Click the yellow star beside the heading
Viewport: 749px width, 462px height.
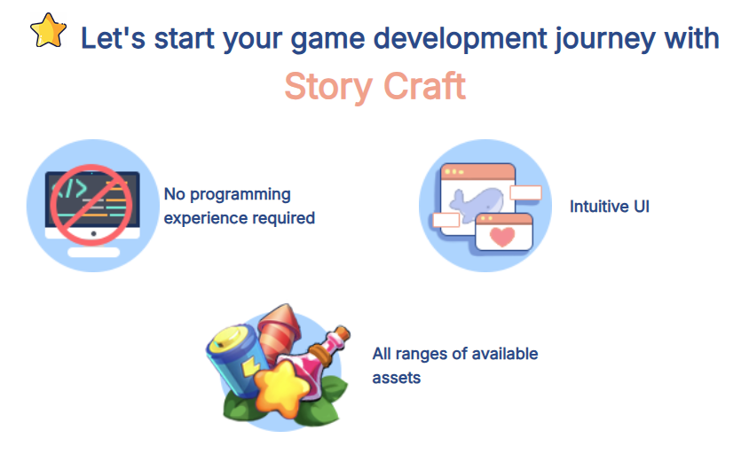pyautogui.click(x=48, y=30)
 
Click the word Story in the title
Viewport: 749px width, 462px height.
pyautogui.click(x=327, y=87)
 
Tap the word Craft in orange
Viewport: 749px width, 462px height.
pyautogui.click(x=424, y=86)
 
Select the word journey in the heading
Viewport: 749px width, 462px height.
pyautogui.click(x=605, y=40)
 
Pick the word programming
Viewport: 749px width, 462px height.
pyautogui.click(x=240, y=195)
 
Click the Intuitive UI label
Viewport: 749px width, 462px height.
pyautogui.click(x=610, y=207)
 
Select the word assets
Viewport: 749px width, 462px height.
pyautogui.click(x=397, y=378)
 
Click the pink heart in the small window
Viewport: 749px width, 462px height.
pyautogui.click(x=502, y=236)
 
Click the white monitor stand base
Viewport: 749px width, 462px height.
pyautogui.click(x=94, y=252)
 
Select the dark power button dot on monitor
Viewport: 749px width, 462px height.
pyautogui.click(x=94, y=233)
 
